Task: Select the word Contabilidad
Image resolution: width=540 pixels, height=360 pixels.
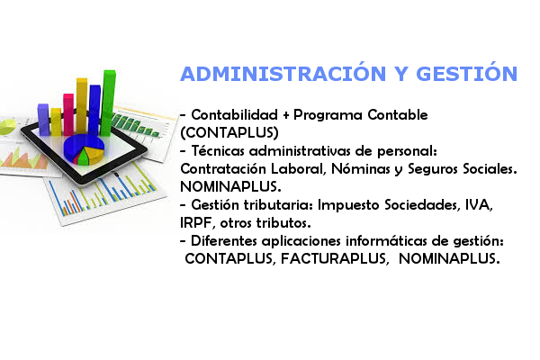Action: point(235,114)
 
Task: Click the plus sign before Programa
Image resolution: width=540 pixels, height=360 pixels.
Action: point(285,115)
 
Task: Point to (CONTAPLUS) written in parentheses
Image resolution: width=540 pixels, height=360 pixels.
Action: point(229,132)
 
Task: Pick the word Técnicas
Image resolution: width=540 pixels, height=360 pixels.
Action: point(218,150)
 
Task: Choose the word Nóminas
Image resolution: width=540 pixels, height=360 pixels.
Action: point(361,169)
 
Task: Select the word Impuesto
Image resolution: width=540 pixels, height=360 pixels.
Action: point(348,205)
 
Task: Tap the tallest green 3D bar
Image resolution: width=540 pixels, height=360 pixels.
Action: point(108,103)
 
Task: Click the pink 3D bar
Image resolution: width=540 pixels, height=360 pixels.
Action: point(68,114)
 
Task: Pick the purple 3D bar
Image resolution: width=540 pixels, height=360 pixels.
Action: point(43,119)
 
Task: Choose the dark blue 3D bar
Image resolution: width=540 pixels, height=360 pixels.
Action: point(94,110)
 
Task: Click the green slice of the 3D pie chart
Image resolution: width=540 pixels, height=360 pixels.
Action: point(83,157)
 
